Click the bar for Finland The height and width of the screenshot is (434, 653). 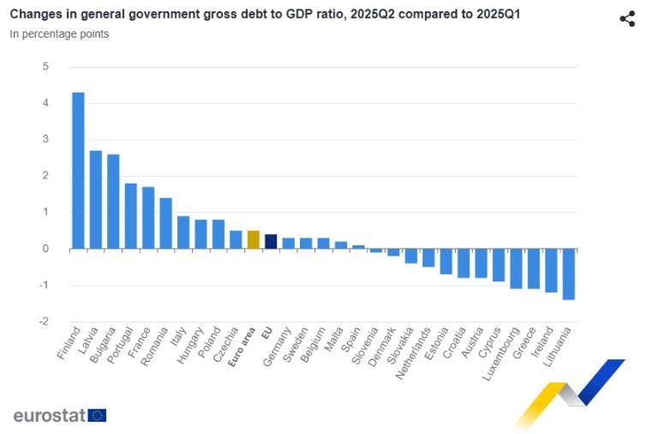(78, 171)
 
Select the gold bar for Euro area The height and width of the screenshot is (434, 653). (253, 239)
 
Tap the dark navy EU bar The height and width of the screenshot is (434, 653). (271, 241)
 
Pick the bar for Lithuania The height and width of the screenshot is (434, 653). (568, 274)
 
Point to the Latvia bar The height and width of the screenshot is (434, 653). (96, 200)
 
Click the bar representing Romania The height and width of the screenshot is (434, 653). (165, 223)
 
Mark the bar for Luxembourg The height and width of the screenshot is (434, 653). (516, 268)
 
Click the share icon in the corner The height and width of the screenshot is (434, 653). (627, 19)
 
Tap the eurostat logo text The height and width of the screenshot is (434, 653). (49, 416)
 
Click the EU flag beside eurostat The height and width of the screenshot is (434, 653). (97, 416)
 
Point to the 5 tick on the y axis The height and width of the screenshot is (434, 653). (45, 67)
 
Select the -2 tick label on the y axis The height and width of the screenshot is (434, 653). (44, 322)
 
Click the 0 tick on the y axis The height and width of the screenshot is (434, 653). (45, 249)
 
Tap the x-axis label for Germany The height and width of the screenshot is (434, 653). (278, 347)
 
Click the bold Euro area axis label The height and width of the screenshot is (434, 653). (242, 348)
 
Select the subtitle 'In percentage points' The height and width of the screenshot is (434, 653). (59, 34)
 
